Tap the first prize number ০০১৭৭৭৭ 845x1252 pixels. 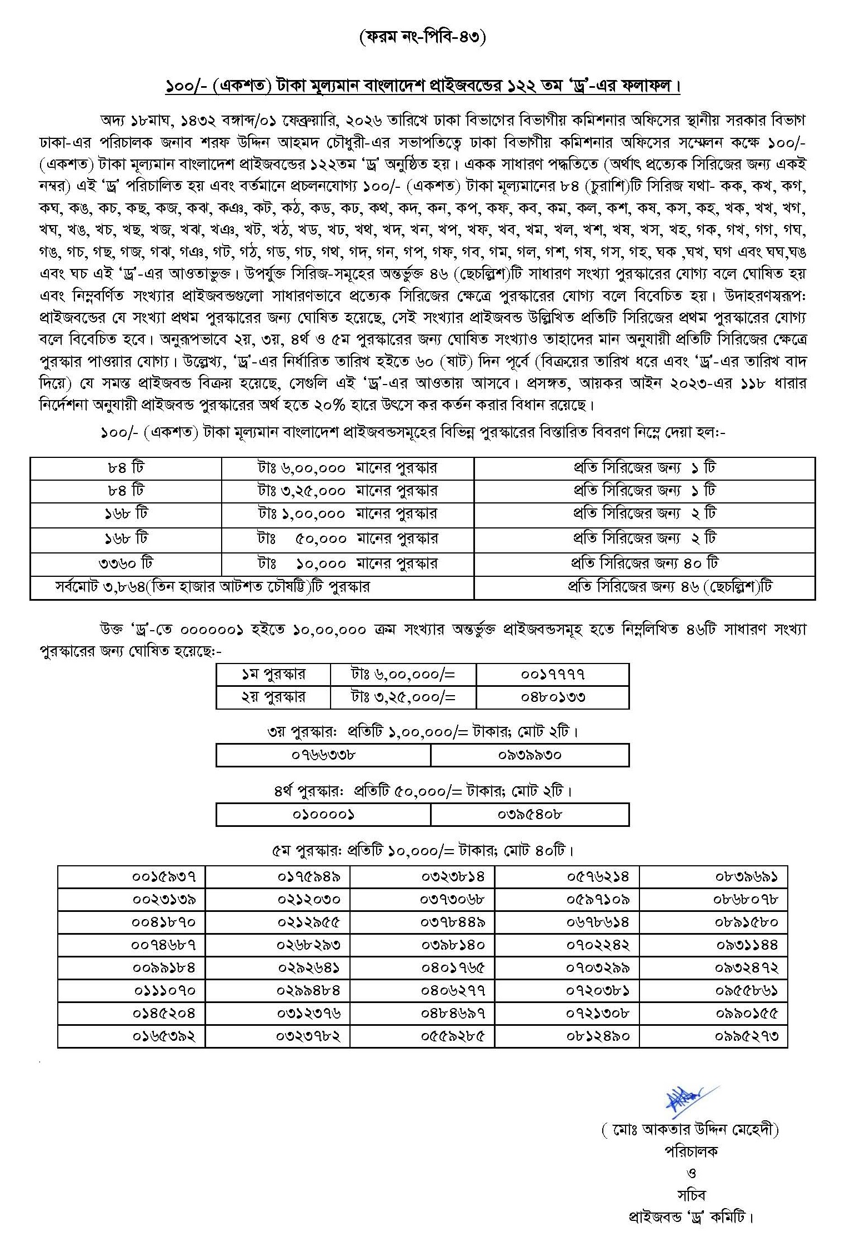553,675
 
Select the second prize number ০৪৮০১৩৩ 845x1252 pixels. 553,697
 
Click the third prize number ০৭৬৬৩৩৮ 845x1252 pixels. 323,755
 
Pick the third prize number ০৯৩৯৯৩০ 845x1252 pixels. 529,755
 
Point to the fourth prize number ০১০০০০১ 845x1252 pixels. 323,815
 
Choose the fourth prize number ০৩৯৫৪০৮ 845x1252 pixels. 529,815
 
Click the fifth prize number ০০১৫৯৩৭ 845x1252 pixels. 164,877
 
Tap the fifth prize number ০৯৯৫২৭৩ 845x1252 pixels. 747,1036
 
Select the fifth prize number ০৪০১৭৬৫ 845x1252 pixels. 453,968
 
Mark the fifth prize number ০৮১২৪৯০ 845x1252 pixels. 598,1036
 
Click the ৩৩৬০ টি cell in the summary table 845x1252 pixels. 126,563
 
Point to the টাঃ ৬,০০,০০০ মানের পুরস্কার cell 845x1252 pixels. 347,468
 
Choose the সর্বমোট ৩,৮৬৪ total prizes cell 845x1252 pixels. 212,587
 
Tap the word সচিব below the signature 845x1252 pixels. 691,1194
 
